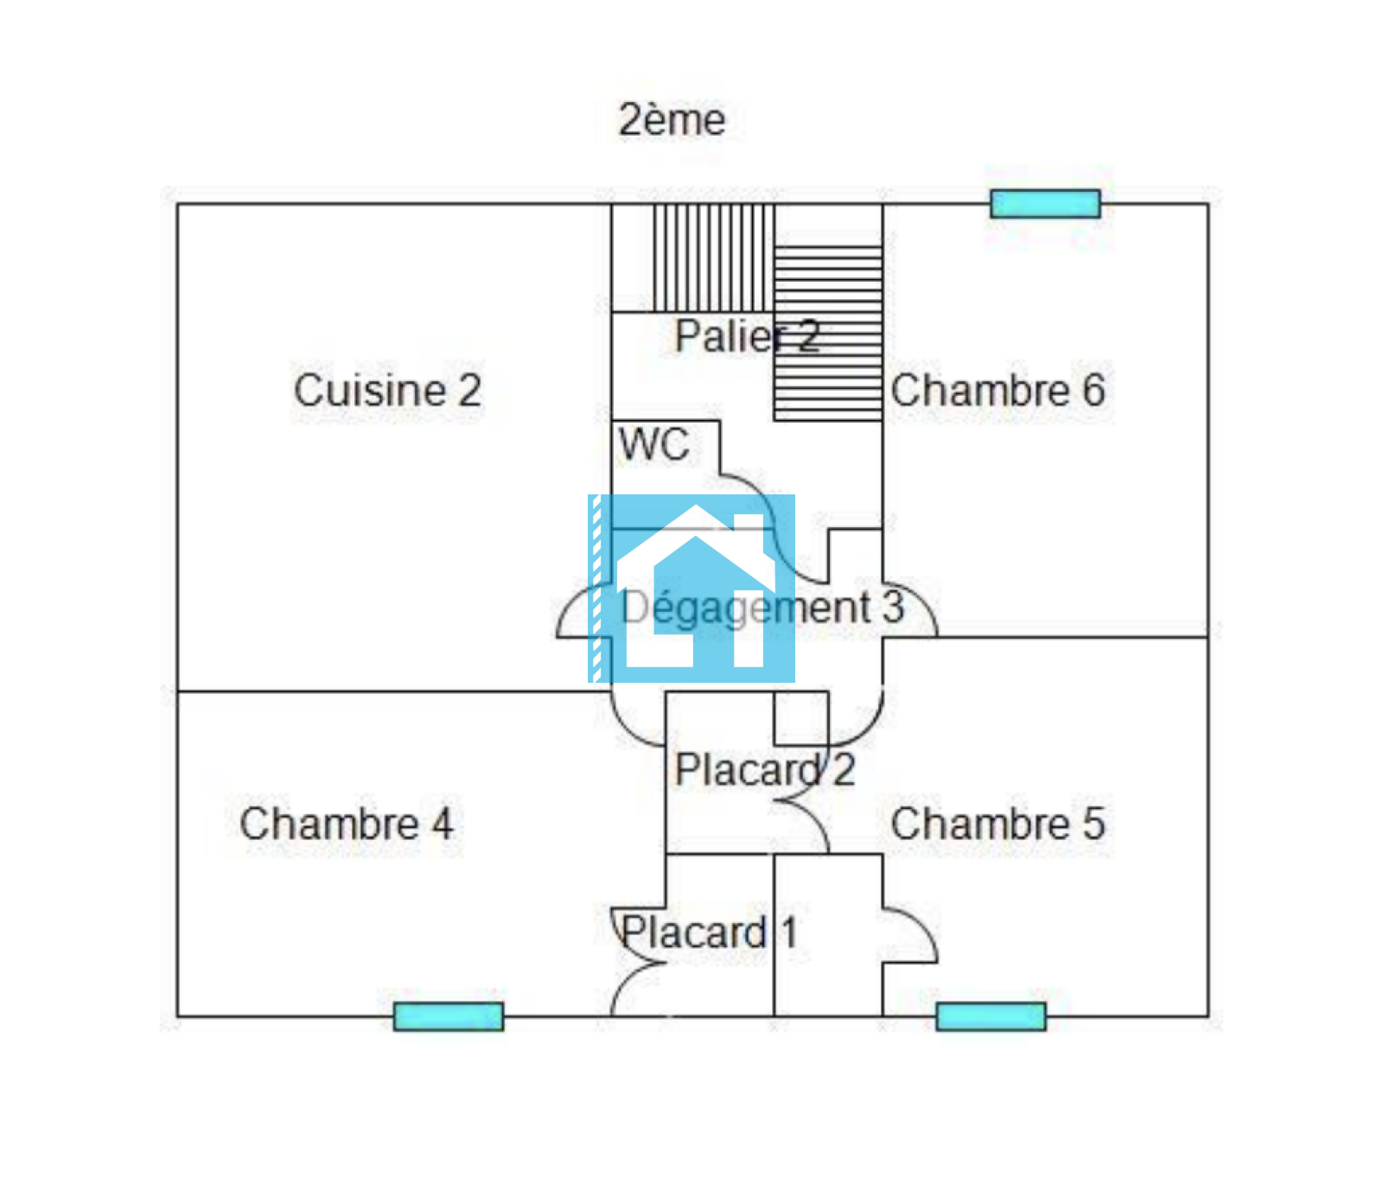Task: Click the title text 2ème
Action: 672,119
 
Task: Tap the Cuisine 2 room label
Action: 387,390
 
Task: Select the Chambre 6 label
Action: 997,391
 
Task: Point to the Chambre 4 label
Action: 346,824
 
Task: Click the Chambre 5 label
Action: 997,824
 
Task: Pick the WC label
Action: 654,445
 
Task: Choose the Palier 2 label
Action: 747,336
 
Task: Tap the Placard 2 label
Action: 765,769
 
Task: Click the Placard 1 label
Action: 709,932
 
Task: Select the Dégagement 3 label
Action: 762,608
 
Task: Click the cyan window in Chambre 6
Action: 1045,204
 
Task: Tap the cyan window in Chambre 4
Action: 448,1016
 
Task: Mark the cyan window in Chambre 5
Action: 991,1016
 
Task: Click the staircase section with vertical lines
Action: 713,258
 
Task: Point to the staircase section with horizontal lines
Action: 828,334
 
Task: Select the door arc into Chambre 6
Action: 910,610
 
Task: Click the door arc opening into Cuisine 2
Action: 584,610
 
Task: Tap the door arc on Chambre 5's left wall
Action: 910,935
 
